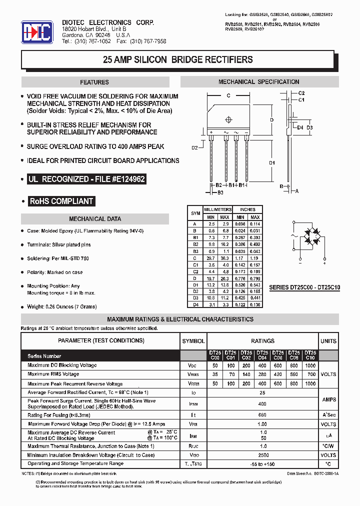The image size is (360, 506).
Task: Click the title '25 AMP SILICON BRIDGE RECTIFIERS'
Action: tap(177, 59)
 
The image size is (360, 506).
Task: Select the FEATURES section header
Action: tap(94, 82)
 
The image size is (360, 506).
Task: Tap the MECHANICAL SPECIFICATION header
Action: tap(258, 82)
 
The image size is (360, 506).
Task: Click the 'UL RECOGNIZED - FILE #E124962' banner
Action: tap(87, 179)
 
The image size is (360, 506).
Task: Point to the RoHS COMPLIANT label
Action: tap(61, 201)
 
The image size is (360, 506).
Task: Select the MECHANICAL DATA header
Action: tap(94, 219)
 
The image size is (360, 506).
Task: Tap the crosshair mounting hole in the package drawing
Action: tap(229, 119)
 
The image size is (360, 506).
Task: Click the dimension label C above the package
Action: tap(228, 95)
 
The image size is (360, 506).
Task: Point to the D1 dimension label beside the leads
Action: tap(272, 162)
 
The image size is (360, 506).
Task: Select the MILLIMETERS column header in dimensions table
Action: tap(217, 209)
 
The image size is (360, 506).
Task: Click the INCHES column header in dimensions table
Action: tap(247, 209)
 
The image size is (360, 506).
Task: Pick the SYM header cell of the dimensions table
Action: tap(195, 213)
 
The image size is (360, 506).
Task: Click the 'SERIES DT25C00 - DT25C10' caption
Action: tap(304, 288)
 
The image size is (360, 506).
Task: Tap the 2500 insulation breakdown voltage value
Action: tap(262, 455)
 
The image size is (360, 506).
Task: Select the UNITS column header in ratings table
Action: tap(328, 341)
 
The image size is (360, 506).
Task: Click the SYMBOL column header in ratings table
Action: tap(193, 341)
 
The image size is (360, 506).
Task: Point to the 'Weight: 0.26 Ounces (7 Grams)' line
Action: tap(69, 306)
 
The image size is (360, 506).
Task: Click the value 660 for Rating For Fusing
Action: tap(262, 414)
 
